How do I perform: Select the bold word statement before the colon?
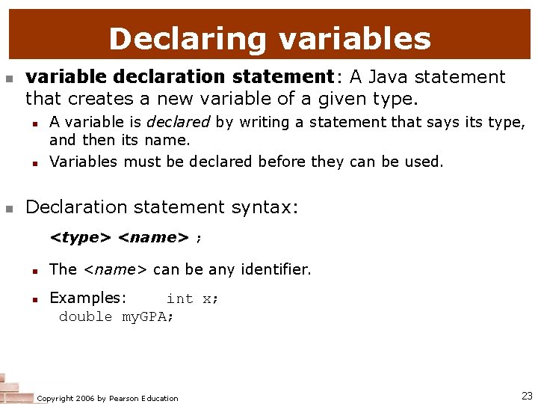282,77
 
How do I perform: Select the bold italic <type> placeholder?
80,238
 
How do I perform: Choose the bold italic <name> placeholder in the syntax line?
153,238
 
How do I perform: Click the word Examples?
87,298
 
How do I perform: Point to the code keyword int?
179,299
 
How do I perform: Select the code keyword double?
85,316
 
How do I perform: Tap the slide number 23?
526,396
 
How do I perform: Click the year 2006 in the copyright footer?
87,398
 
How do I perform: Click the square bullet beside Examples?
34,299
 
